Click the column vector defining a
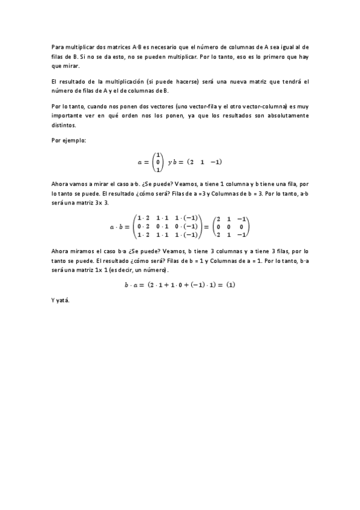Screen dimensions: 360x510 (x=159, y=162)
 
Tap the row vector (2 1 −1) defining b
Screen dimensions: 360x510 (x=205, y=162)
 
